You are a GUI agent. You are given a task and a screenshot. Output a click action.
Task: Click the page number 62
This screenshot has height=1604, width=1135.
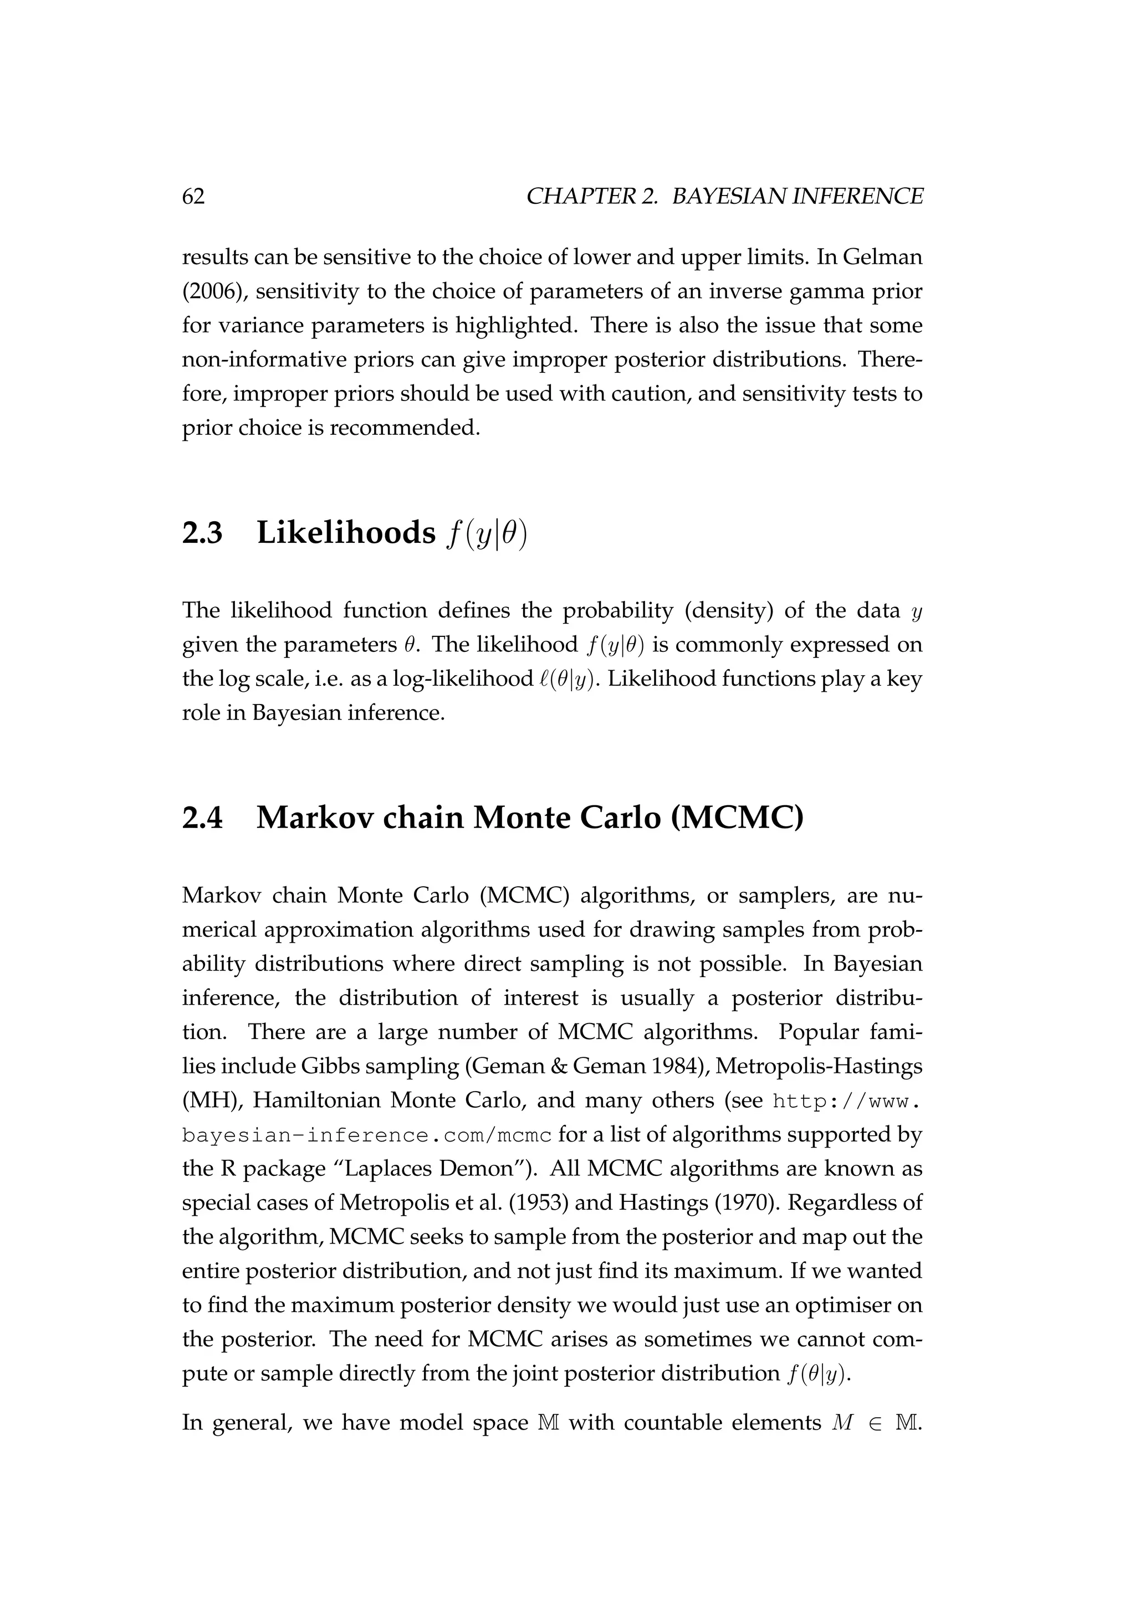(x=193, y=197)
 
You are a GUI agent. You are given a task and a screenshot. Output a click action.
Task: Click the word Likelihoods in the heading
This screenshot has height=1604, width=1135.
(x=346, y=534)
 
